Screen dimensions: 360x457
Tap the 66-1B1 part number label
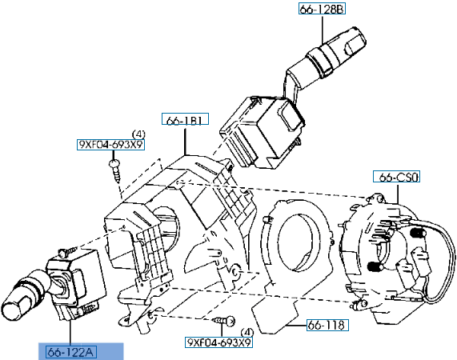click(185, 120)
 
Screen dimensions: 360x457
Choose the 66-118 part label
click(325, 326)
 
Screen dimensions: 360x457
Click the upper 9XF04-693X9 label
click(110, 145)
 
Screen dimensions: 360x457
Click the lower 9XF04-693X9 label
click(218, 342)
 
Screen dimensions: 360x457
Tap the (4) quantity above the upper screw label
click(138, 133)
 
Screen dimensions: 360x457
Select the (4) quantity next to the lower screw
click(247, 330)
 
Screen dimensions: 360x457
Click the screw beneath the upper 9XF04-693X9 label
click(116, 169)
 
